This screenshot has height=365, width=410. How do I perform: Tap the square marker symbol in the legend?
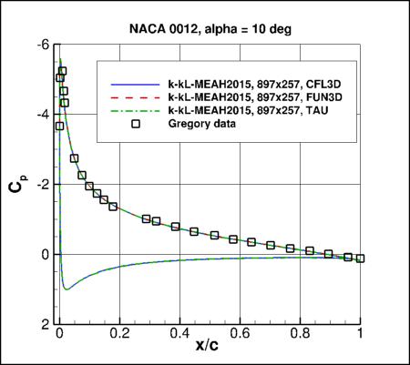pos(134,124)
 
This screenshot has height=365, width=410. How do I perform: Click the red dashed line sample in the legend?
pos(134,96)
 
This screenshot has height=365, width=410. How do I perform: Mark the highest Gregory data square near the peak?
pos(62,71)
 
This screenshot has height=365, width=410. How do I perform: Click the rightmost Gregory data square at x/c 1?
pos(361,258)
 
